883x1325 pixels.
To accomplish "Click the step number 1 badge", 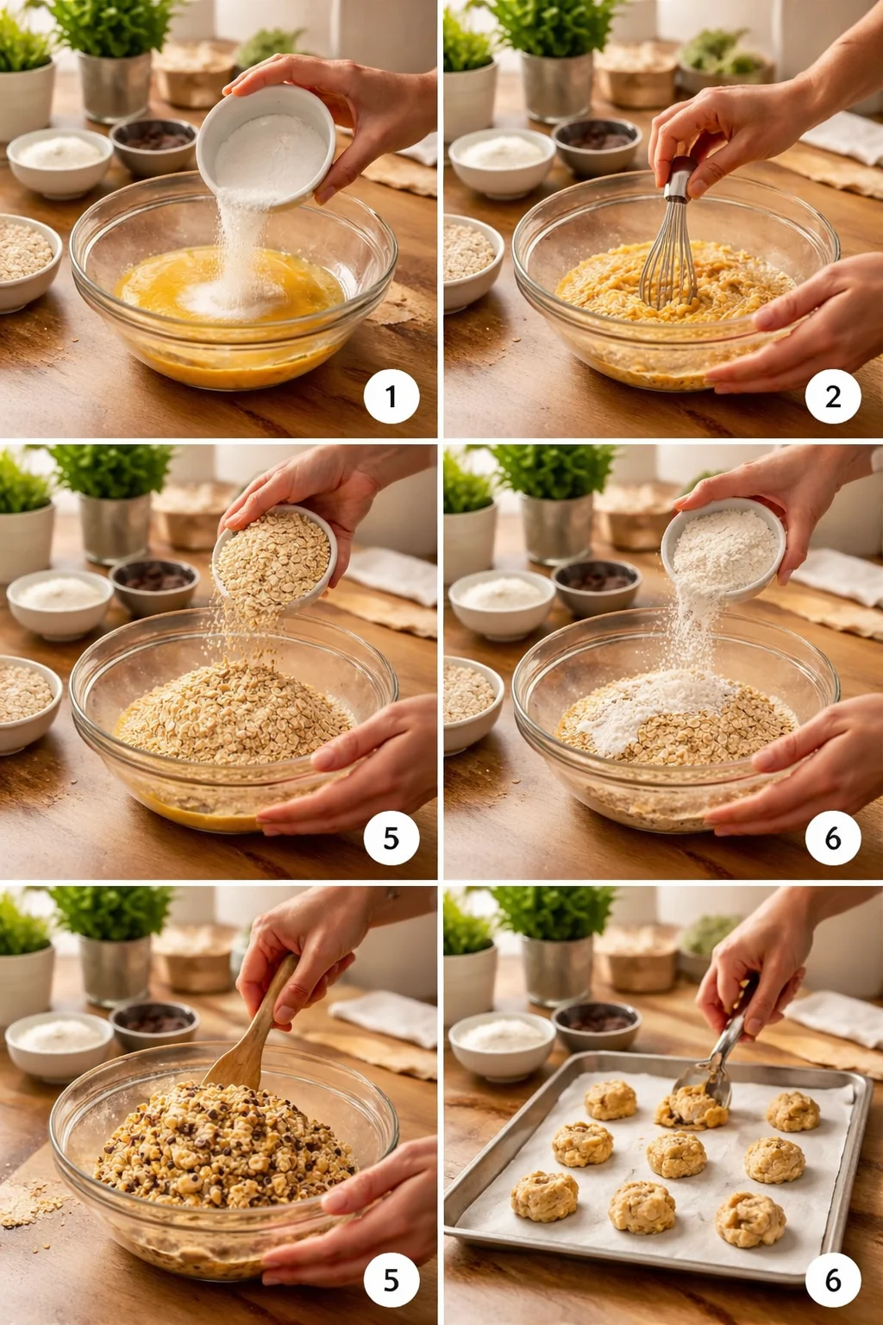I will (x=391, y=397).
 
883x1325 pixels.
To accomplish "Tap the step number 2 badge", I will (x=833, y=397).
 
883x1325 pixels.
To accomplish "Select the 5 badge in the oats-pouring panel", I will (x=391, y=838).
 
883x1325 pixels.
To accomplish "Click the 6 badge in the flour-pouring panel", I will (x=833, y=838).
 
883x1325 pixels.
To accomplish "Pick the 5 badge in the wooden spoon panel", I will (x=391, y=1280).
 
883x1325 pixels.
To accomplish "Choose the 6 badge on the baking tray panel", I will (x=833, y=1280).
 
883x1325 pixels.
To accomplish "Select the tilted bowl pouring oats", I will (x=274, y=556).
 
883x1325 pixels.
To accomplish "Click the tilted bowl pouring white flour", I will (x=723, y=548).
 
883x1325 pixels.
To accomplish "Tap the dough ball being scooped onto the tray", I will (x=690, y=1108).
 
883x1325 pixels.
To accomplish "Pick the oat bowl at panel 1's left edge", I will (x=24, y=259).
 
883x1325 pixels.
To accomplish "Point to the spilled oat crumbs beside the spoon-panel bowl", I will (x=30, y=1203).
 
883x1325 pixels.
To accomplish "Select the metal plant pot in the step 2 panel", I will (x=556, y=86).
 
